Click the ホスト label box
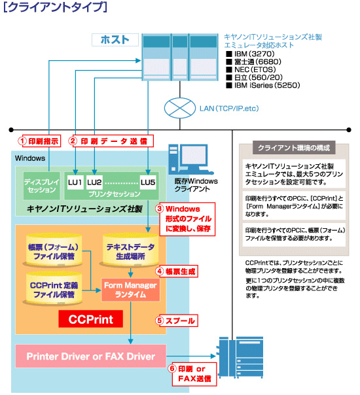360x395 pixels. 114,40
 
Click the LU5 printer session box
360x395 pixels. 148,181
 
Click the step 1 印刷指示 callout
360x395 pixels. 37,140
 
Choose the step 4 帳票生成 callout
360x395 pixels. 177,270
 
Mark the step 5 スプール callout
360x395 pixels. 177,320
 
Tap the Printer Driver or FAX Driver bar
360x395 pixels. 90,356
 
